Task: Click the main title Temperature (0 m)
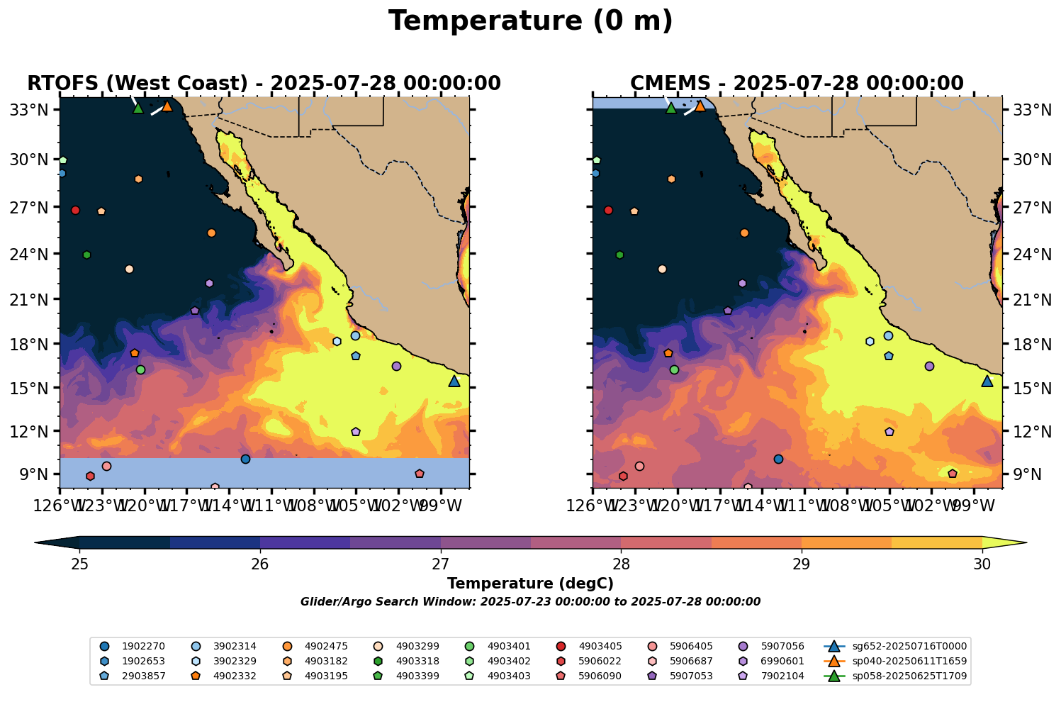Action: point(530,21)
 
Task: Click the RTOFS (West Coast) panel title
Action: point(264,84)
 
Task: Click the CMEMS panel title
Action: point(797,84)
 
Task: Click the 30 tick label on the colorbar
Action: point(982,564)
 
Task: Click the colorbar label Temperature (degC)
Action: point(530,584)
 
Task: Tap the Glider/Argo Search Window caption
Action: point(530,602)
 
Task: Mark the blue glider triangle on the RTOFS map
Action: point(454,381)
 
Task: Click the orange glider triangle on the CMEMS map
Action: point(700,106)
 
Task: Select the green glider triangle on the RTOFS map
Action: point(138,108)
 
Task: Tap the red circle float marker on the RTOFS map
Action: point(76,211)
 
